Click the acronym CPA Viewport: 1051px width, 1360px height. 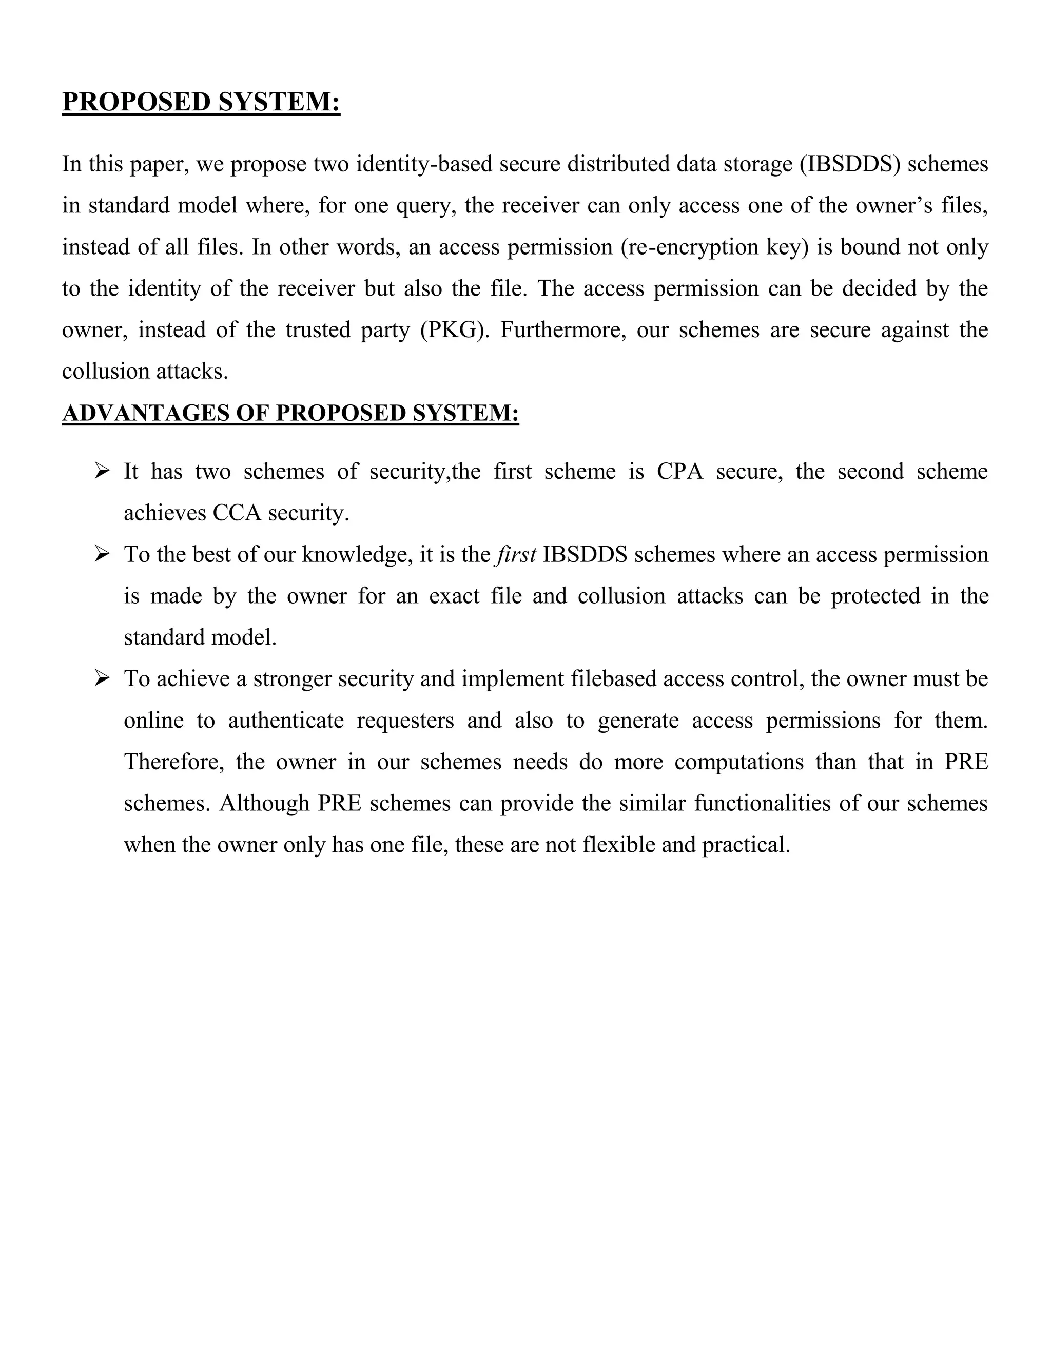click(679, 472)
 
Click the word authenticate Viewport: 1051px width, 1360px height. click(286, 721)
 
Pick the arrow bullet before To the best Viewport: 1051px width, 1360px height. click(102, 554)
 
